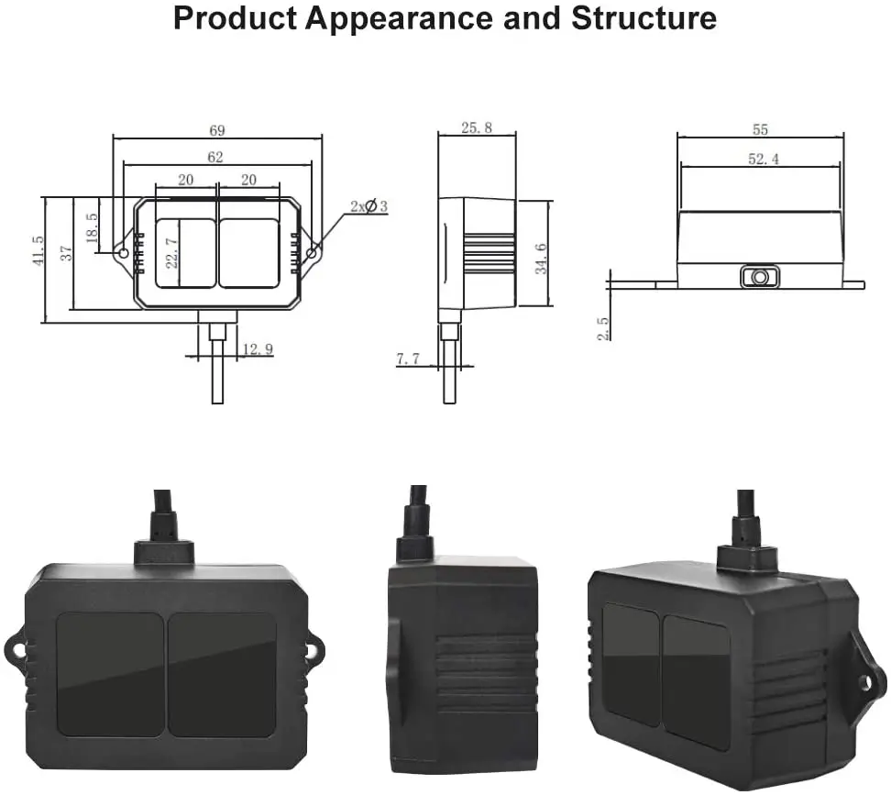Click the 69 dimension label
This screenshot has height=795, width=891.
[x=217, y=129]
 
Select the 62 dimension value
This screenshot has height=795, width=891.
[x=215, y=158]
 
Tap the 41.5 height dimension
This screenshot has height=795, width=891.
[x=38, y=252]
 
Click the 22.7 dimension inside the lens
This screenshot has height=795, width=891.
[x=171, y=248]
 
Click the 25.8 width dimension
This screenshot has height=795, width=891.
[x=476, y=128]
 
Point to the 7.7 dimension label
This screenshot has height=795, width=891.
[x=408, y=359]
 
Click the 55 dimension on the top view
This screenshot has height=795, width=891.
[x=760, y=130]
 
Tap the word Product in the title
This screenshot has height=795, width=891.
[x=234, y=18]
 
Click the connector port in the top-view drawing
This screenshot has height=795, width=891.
[x=760, y=277]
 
